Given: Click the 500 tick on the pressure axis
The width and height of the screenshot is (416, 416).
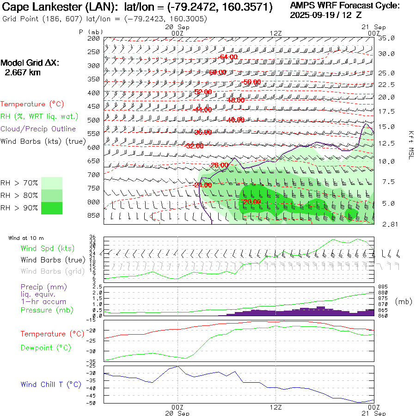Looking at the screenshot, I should coord(94,120).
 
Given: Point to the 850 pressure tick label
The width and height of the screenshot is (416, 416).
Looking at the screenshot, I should coord(94,215).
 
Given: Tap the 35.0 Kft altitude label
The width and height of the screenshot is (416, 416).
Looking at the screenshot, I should coord(386,38).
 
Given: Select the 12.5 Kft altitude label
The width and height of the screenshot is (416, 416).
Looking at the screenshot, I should coord(386,143).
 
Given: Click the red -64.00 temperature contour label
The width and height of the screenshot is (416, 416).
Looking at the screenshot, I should coord(228,57).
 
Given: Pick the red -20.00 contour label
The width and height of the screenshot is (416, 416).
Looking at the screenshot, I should coord(252,202).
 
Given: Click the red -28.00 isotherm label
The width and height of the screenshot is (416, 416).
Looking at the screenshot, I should coord(219,165).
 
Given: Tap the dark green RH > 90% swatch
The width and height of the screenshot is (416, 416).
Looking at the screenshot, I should coord(52,208).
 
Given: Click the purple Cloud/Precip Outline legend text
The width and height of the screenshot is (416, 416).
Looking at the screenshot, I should coord(38,129).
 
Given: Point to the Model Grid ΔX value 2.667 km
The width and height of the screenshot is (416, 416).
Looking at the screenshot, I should coord(23,73).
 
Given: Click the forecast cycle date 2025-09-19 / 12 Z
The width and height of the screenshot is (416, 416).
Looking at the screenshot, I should coord(326,15).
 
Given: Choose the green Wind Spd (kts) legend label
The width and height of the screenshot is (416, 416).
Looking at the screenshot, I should coord(48,249).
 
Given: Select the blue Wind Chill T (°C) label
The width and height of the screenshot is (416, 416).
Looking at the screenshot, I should coord(50,385).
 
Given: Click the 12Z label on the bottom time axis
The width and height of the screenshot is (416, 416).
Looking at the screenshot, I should coord(275,408).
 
